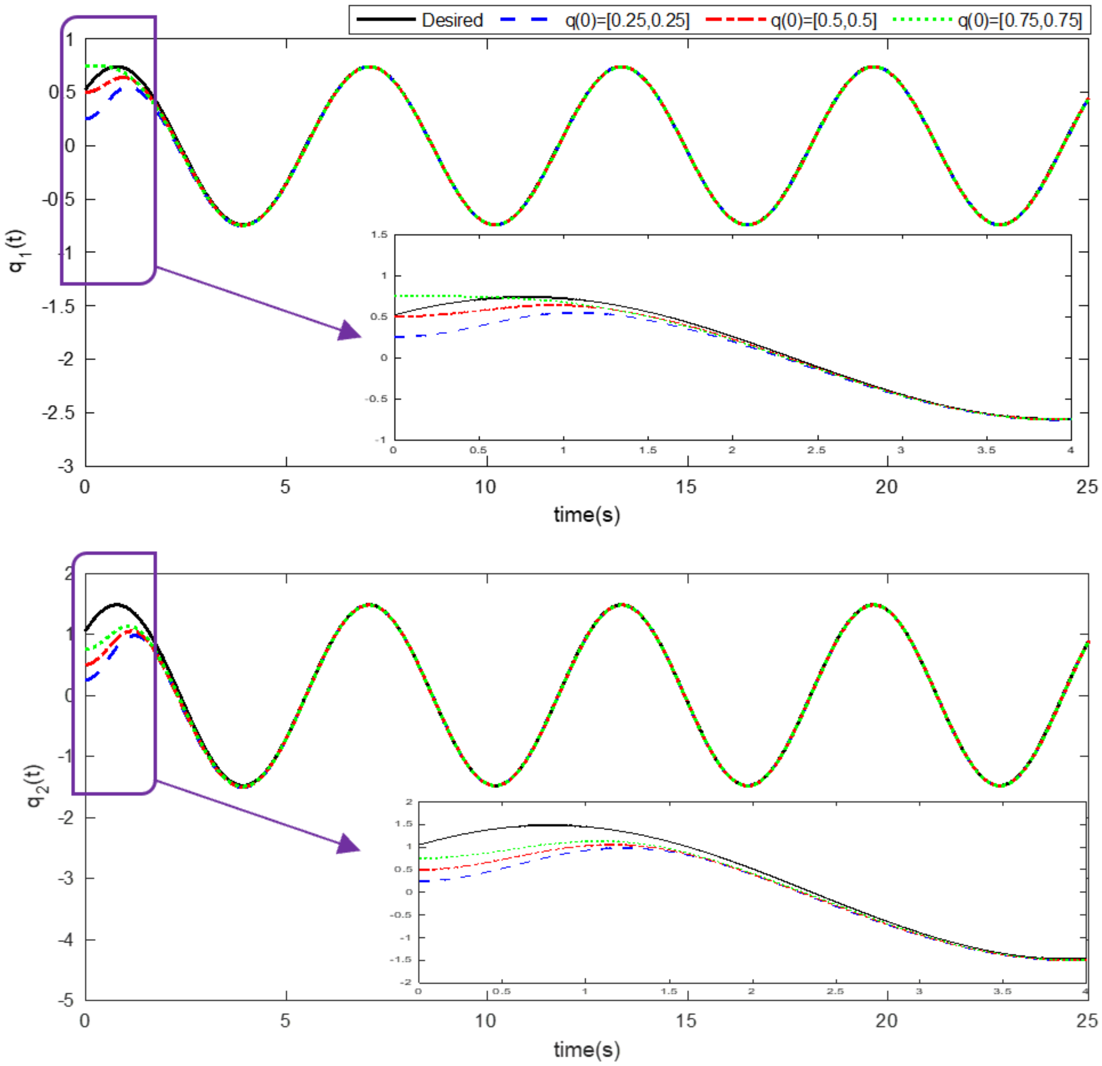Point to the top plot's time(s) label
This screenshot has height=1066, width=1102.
(x=586, y=515)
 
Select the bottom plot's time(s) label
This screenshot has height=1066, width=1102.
(x=586, y=1049)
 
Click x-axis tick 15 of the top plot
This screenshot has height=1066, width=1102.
(x=686, y=487)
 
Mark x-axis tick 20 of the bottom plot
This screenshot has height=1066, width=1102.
(x=887, y=1020)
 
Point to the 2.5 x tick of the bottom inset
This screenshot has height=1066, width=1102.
(x=835, y=991)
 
